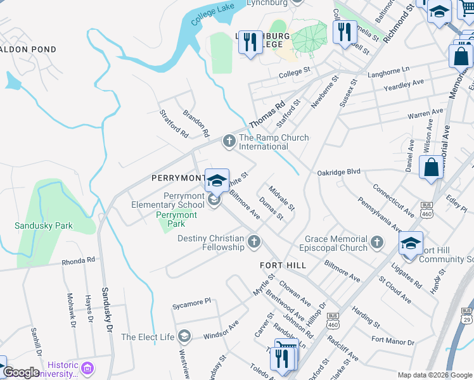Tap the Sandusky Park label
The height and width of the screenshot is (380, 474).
point(44,225)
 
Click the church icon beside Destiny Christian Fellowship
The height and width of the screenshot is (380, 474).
point(254,241)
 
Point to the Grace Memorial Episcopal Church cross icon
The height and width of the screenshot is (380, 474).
point(377,241)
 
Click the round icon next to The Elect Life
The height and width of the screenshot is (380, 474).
point(184,336)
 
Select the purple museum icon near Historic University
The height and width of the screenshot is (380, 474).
point(88,368)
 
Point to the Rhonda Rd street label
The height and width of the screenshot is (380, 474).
point(78,260)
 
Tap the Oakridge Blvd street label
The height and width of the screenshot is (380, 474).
point(338,172)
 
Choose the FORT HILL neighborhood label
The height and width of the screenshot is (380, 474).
point(283,265)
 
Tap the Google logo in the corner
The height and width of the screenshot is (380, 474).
point(21,372)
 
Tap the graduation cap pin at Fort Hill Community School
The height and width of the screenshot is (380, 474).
point(411,243)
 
